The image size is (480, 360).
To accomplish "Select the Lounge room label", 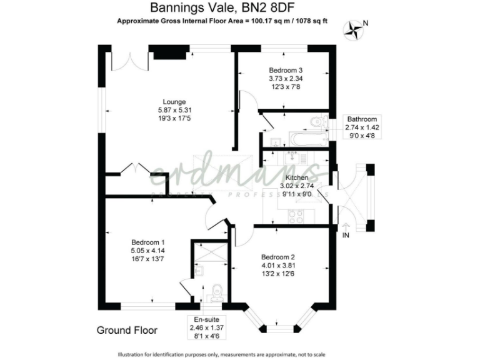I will (x=174, y=102).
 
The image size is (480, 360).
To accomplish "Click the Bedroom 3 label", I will (x=285, y=70).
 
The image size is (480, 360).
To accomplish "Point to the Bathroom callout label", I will (x=362, y=119).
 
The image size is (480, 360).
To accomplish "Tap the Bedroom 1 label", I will (x=147, y=242).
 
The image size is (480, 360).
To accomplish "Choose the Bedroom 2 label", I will (x=278, y=256).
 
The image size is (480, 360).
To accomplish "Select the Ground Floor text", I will (x=127, y=329).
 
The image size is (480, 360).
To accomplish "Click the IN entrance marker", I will (x=346, y=235).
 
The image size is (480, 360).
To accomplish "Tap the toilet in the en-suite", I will (x=216, y=291).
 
